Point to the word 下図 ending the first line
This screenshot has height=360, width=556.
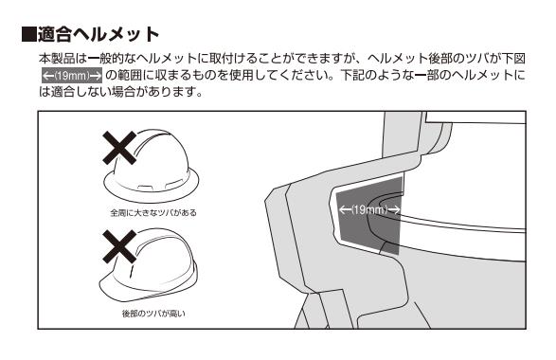pyautogui.click(x=513, y=58)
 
